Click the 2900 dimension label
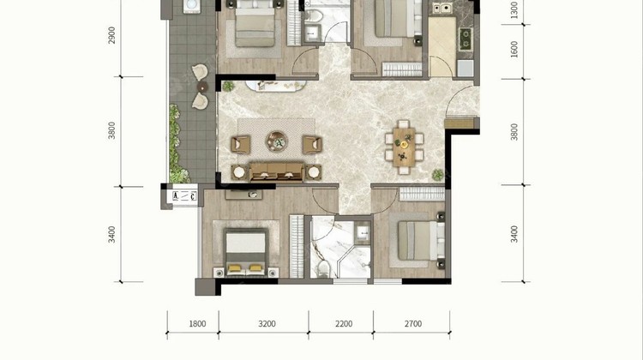click(x=111, y=35)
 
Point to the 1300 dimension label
click(x=514, y=9)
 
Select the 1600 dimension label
click(x=514, y=49)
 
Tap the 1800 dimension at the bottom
click(x=197, y=324)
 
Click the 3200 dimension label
click(x=267, y=324)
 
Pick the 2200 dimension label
click(x=344, y=324)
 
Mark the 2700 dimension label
click(x=413, y=324)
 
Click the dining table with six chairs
click(x=404, y=147)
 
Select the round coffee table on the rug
click(x=277, y=141)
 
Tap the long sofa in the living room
click(x=277, y=171)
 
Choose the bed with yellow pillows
click(x=246, y=251)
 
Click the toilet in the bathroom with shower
click(x=323, y=267)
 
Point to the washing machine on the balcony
click(x=191, y=6)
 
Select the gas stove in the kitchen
click(x=466, y=39)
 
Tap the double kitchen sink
click(x=441, y=8)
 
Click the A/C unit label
click(x=184, y=196)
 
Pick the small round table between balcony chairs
click(x=202, y=87)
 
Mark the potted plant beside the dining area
click(x=438, y=175)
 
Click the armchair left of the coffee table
click(x=241, y=145)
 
